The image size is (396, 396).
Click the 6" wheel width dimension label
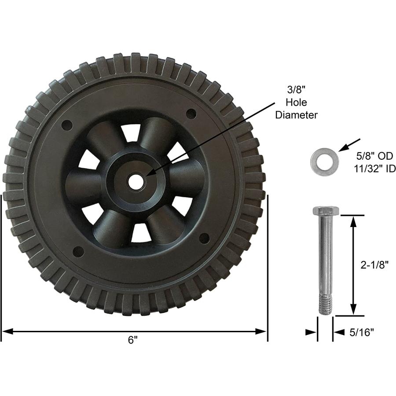pyautogui.click(x=133, y=340)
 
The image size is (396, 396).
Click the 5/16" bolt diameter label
pyautogui.click(x=362, y=333)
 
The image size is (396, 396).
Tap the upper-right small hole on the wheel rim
pyautogui.click(x=190, y=114)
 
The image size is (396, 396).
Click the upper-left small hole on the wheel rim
pyautogui.click(x=67, y=125)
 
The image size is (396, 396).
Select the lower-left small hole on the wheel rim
pyautogui.click(x=77, y=252)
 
